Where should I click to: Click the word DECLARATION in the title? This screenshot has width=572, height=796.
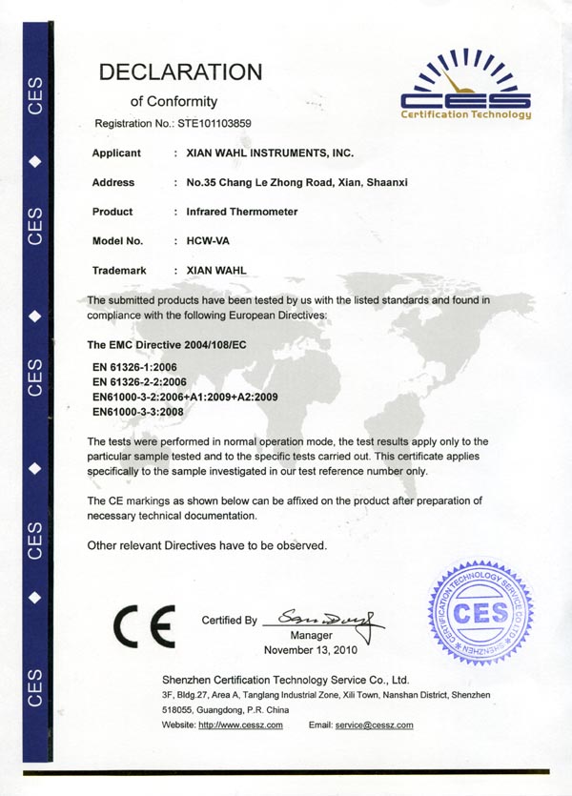pos(180,71)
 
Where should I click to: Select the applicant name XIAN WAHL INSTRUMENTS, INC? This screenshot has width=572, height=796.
pos(271,153)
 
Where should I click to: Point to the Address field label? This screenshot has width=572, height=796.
pos(113,182)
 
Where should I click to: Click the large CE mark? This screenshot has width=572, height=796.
pos(143,624)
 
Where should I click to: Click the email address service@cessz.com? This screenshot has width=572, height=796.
pos(373,725)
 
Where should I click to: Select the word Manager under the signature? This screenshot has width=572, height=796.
pos(311,635)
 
